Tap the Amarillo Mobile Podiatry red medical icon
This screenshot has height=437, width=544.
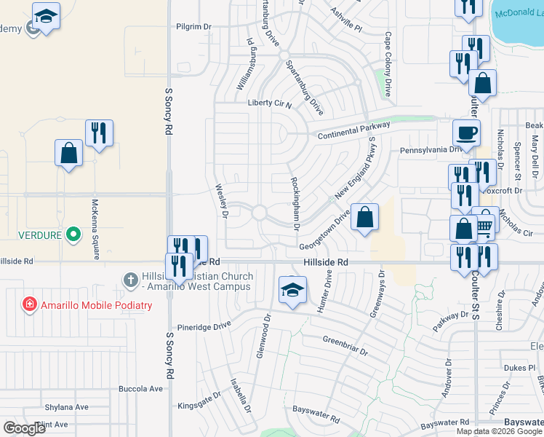pyautogui.click(x=29, y=304)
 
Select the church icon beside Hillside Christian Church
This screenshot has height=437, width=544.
pyautogui.click(x=130, y=280)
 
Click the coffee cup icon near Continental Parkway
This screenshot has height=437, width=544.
pyautogui.click(x=466, y=133)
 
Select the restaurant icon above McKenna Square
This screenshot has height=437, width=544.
pyautogui.click(x=99, y=133)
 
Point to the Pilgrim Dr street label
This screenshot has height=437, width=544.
pyautogui.click(x=193, y=26)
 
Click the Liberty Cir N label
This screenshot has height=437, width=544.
pyautogui.click(x=269, y=104)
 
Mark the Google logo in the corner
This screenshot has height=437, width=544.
pyautogui.click(x=25, y=428)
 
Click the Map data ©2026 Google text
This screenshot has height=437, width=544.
pyautogui.click(x=499, y=431)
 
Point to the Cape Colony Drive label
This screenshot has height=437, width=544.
pyautogui.click(x=388, y=64)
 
